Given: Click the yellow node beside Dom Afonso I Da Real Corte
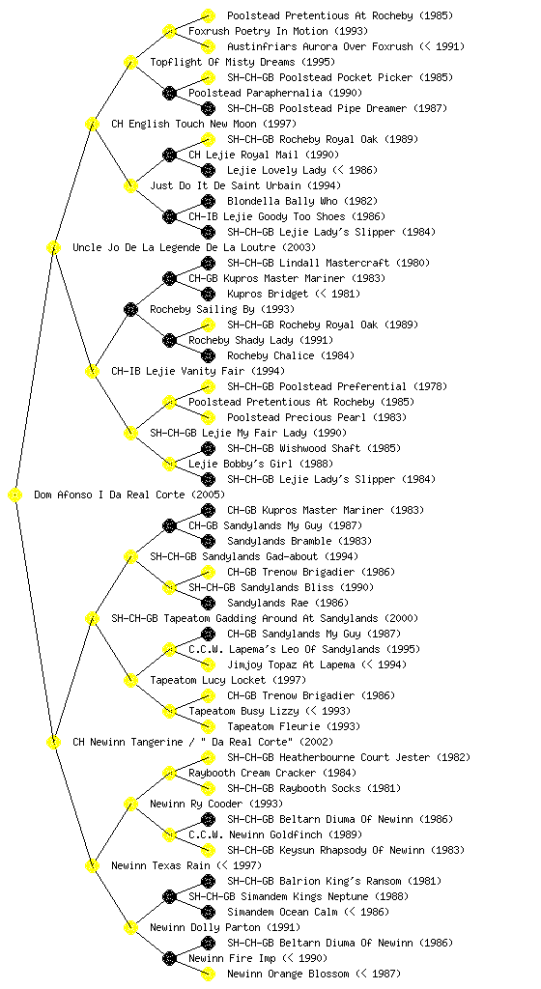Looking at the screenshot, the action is point(15,494).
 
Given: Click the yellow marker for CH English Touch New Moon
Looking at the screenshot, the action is point(92,124).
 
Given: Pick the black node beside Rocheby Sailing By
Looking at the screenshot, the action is point(130,309).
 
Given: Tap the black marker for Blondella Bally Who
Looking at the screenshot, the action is point(208,201).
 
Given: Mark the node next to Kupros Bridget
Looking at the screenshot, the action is point(208,294).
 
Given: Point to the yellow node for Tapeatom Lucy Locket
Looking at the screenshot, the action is point(130,680).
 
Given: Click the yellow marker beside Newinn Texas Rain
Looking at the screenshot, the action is point(92,865).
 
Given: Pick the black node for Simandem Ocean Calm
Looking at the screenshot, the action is point(208,912).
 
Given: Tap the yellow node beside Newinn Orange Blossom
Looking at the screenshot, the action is point(208,974).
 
